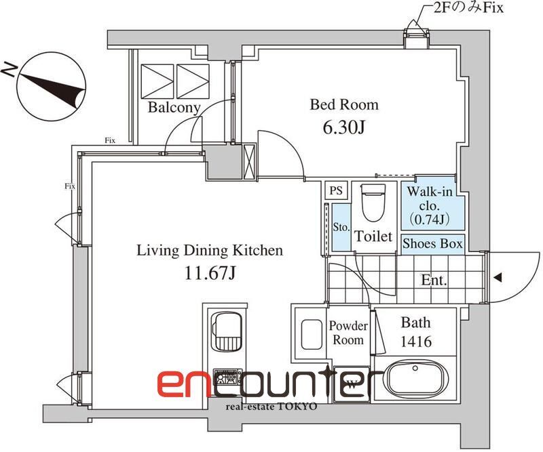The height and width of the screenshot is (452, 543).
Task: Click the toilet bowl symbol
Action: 373,203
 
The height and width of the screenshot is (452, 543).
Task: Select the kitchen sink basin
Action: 227,331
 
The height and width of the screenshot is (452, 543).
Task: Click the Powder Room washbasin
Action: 312,334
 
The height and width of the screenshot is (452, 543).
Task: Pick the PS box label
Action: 336,190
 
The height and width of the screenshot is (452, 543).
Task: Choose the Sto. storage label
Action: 341,227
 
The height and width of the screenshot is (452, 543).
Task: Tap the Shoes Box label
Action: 432,244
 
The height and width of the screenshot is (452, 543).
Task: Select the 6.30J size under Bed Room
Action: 343,127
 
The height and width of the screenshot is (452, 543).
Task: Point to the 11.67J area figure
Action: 210,274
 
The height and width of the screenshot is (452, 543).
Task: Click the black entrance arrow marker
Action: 498,277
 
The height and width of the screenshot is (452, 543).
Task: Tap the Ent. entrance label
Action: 434,280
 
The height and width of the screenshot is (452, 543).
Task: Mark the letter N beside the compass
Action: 9,70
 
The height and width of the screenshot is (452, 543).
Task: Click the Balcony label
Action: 174,108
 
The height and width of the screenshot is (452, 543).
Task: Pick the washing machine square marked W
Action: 352,384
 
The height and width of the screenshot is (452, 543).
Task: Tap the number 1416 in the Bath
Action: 416,342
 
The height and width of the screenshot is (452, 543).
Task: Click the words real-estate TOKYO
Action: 271,407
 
